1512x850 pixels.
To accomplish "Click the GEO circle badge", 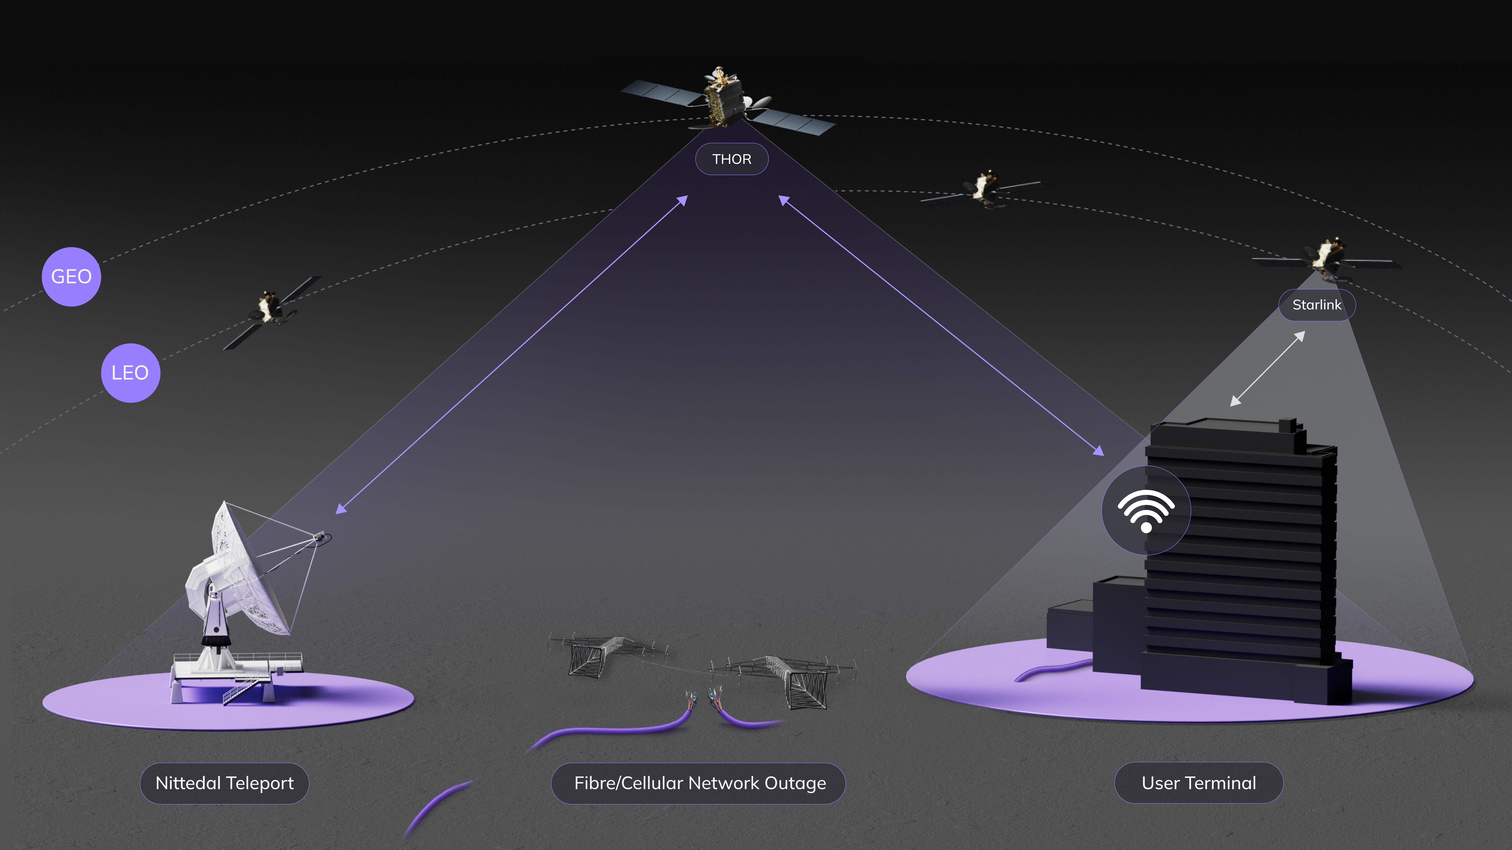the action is (71, 277).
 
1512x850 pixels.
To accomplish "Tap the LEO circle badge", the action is (130, 373).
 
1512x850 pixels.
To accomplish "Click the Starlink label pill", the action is (1317, 305).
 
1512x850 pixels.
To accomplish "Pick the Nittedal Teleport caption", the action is (224, 783).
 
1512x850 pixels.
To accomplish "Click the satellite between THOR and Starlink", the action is (984, 189).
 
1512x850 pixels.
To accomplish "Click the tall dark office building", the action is (1238, 558).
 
